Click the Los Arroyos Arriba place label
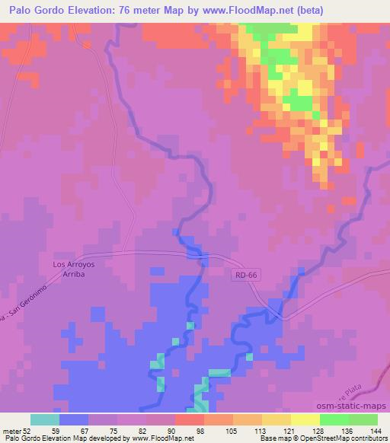pyautogui.click(x=64, y=271)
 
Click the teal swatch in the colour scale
pyautogui.click(x=45, y=419)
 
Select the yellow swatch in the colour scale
pyautogui.click(x=305, y=419)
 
